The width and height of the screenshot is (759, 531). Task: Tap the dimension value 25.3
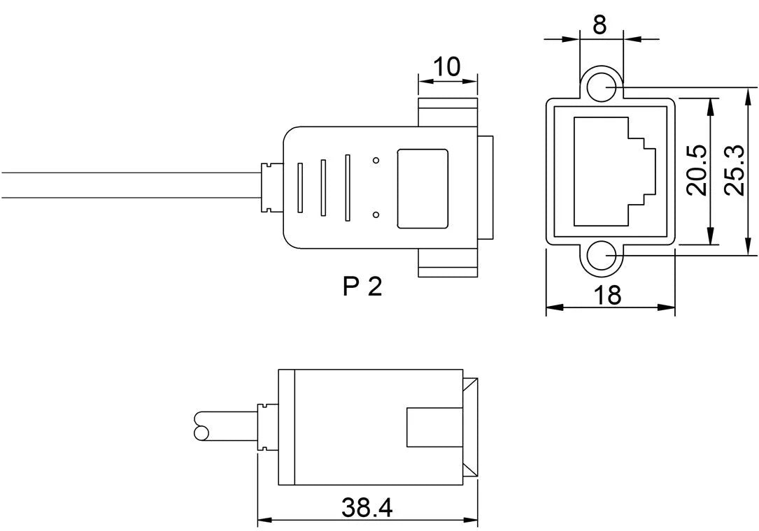pos(734,171)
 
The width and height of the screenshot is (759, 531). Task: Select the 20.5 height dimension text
pos(696,171)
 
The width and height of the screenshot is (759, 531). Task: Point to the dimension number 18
pos(609,295)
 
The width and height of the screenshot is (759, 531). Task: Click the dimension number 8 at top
pos(600,24)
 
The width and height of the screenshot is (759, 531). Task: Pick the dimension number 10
pos(447,67)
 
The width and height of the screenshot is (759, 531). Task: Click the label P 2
pos(363,286)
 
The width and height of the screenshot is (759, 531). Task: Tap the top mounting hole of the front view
pos(600,87)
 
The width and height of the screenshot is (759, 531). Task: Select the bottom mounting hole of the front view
pos(600,258)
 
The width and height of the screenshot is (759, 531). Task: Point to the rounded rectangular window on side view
pos(423,188)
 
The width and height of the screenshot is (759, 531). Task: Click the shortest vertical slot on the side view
pos(300,188)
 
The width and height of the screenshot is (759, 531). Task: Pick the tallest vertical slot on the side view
pos(347,188)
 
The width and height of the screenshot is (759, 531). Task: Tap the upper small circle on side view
pos(376,161)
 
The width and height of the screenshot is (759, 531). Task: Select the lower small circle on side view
pos(376,214)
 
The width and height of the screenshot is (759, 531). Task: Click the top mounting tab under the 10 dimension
pos(448,112)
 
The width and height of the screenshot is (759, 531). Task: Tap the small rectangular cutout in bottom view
pos(423,427)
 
